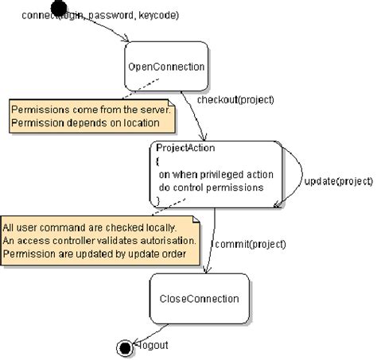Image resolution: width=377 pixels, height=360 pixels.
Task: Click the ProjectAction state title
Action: tap(185, 148)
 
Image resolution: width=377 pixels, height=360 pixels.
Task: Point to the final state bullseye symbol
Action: tap(125, 347)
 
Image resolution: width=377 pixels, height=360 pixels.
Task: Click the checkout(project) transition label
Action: tap(235, 100)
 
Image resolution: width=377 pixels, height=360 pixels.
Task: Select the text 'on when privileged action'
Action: tap(216, 174)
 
